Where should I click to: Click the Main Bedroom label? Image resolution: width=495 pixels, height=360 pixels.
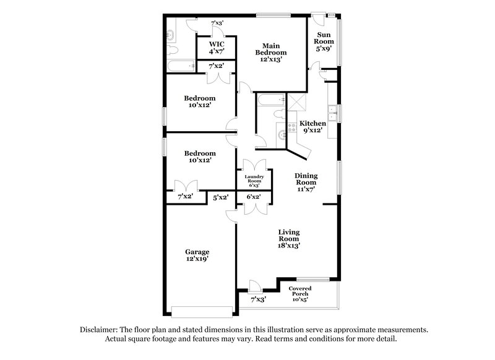click(x=271, y=49)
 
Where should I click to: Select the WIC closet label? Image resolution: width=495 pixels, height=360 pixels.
click(x=216, y=45)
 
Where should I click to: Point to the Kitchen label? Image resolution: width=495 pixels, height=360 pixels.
click(x=312, y=124)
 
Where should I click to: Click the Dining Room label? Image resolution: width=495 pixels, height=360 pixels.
click(x=306, y=179)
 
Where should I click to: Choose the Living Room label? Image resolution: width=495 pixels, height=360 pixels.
click(x=288, y=235)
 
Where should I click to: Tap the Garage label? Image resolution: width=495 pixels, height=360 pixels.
click(x=197, y=252)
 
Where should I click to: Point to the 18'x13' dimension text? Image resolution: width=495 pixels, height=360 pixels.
click(x=288, y=246)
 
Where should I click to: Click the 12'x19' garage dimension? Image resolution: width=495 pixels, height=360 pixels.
click(x=197, y=260)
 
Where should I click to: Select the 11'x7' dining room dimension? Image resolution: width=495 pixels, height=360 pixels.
click(x=306, y=191)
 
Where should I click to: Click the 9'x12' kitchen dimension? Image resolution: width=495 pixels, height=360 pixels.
click(x=312, y=131)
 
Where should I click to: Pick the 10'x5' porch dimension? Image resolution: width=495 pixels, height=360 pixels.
click(x=300, y=299)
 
